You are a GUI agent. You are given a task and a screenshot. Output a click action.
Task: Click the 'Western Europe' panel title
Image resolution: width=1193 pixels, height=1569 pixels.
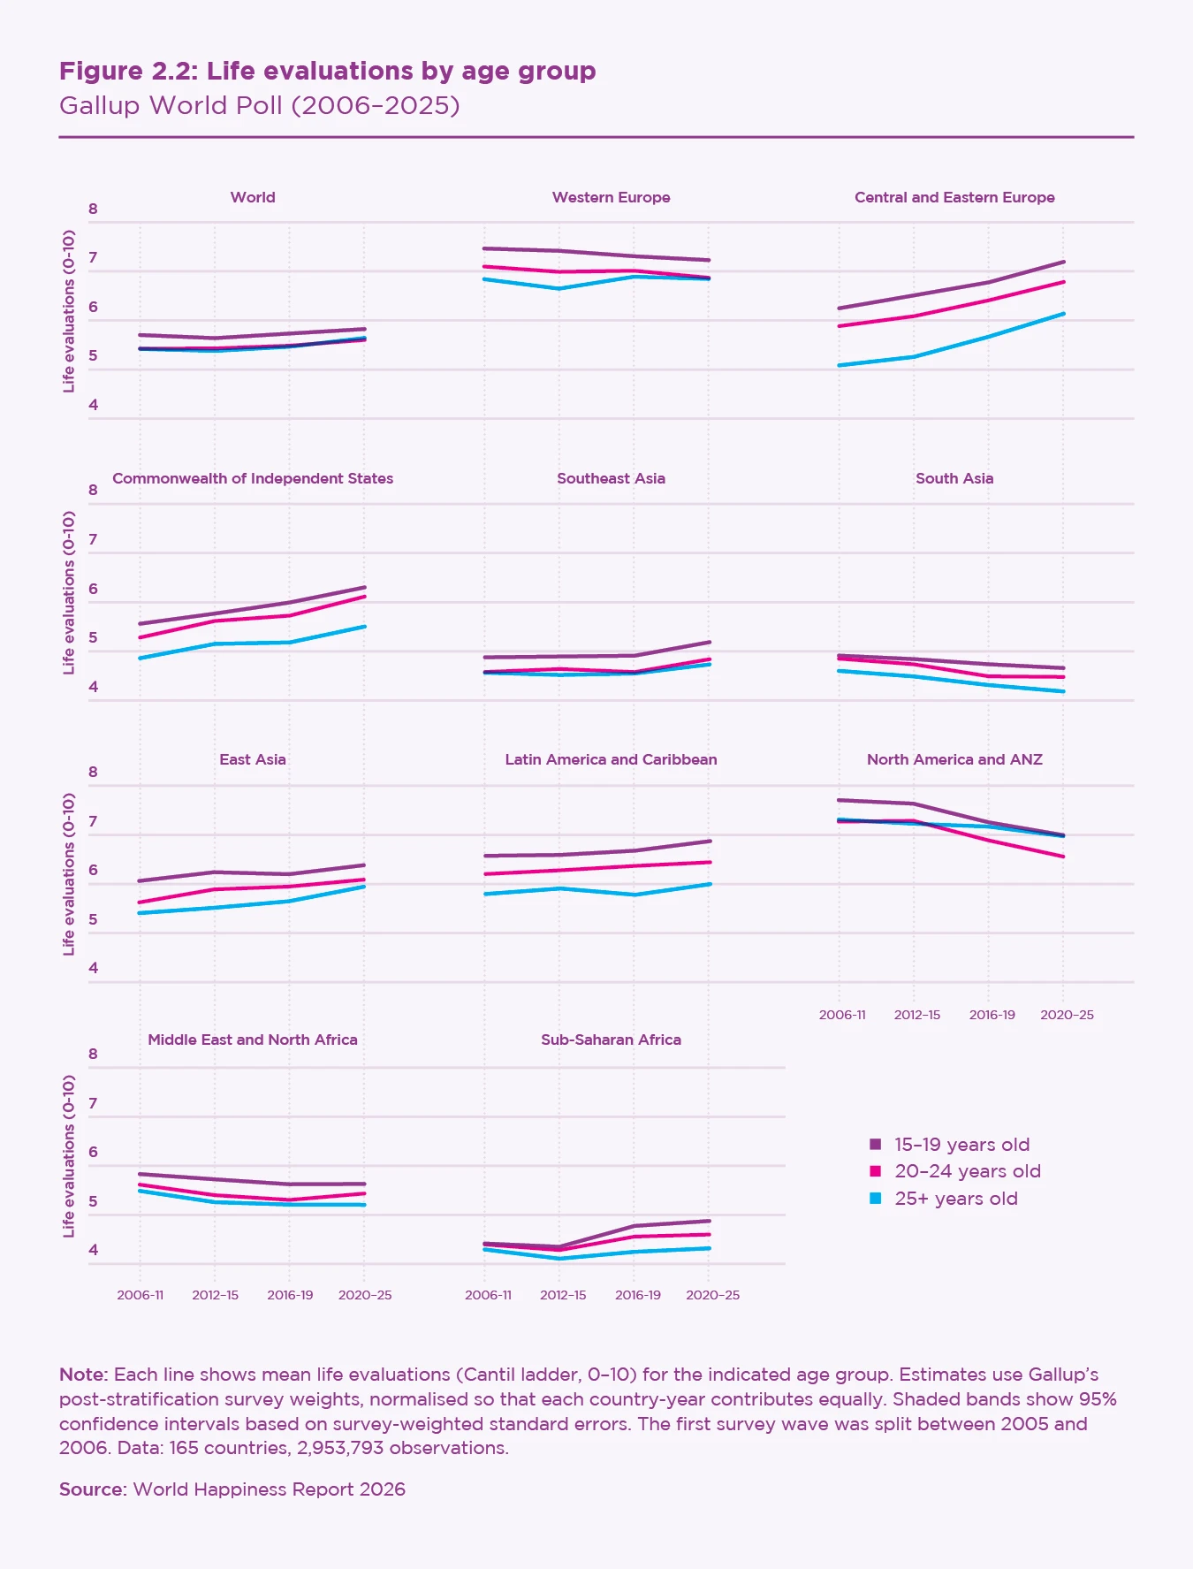pos(611,197)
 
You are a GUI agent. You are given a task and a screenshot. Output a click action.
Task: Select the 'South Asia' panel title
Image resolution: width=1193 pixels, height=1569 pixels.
pos(954,478)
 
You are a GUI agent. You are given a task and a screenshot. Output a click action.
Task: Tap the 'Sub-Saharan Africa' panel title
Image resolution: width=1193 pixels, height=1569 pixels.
pos(611,1040)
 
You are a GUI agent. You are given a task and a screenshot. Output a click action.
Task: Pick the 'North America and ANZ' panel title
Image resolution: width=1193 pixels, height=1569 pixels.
pos(954,759)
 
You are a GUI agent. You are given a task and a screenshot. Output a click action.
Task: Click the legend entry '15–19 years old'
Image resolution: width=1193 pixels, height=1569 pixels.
pos(961,1145)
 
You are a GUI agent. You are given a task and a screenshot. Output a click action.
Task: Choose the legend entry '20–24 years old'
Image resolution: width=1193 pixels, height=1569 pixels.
pos(967,1171)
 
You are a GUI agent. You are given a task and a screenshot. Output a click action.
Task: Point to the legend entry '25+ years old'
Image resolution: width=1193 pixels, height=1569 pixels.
pos(955,1199)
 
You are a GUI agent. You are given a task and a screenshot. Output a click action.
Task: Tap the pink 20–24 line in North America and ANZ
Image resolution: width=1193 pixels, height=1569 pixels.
pos(989,840)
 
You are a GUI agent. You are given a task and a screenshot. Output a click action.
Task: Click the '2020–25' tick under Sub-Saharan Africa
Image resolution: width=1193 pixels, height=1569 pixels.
pos(712,1295)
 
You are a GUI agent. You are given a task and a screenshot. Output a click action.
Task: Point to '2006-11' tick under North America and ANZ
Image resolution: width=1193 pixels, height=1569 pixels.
pos(842,1015)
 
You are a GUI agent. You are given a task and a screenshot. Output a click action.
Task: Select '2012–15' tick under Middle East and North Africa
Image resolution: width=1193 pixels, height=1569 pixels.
pos(216,1295)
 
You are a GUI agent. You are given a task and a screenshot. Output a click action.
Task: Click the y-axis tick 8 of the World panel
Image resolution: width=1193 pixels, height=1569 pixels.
pos(93,209)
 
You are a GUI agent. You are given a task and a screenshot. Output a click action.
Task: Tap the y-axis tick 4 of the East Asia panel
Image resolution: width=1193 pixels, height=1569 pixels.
pos(93,968)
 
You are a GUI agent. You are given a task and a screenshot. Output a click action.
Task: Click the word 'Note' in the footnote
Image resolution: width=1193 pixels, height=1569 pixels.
pos(81,1375)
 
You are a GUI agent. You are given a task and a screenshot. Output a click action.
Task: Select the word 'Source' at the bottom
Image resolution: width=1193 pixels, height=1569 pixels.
pos(92,1489)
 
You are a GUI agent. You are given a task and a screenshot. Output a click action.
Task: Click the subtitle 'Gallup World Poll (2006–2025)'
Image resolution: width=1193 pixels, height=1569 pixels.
pos(259,105)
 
